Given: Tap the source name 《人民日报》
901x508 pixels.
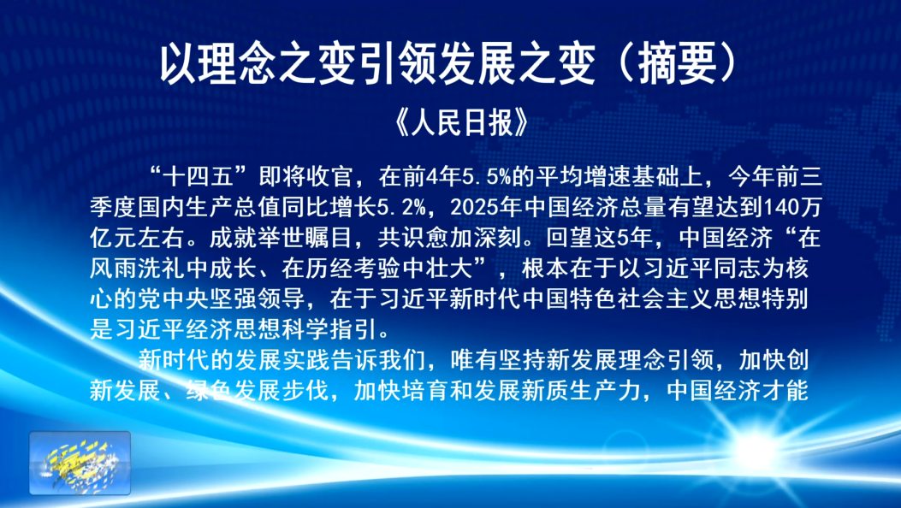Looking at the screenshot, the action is tap(461, 122).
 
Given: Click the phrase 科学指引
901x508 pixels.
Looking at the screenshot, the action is tap(329, 329).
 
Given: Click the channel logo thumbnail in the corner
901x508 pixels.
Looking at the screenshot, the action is tap(80, 463).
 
